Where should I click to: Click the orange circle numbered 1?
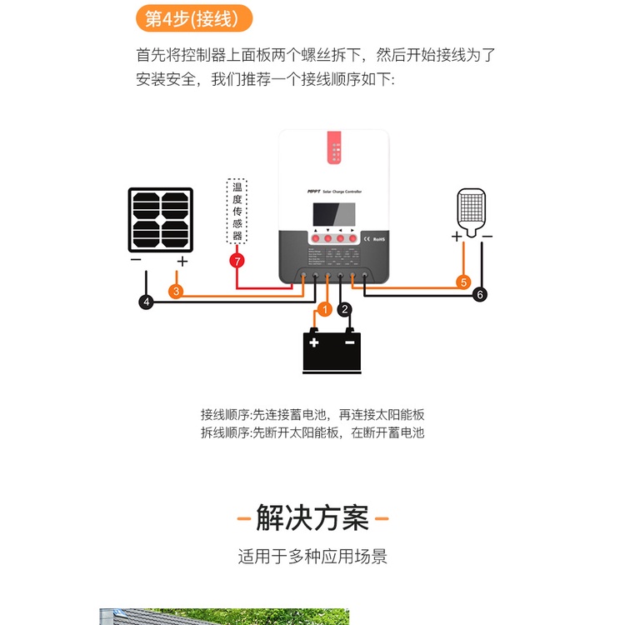[x=325, y=309]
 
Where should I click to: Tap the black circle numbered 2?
[x=345, y=309]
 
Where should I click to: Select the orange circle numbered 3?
[x=176, y=292]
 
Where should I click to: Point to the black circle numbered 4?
[x=147, y=302]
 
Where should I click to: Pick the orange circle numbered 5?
[x=464, y=282]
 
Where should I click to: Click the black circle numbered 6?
[x=479, y=294]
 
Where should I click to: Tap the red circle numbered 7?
[x=237, y=261]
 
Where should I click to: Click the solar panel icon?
[x=160, y=220]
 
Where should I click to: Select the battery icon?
[x=332, y=350]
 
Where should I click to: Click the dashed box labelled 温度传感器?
[x=237, y=212]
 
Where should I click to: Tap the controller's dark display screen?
[x=334, y=214]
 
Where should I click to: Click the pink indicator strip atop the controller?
[x=334, y=150]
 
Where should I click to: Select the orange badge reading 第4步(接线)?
[x=192, y=17]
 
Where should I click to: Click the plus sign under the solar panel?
[x=182, y=261]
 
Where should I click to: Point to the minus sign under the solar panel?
[x=136, y=261]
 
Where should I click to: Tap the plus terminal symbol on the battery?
[x=313, y=342]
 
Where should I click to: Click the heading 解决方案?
[x=312, y=518]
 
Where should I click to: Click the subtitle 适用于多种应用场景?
[x=312, y=556]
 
